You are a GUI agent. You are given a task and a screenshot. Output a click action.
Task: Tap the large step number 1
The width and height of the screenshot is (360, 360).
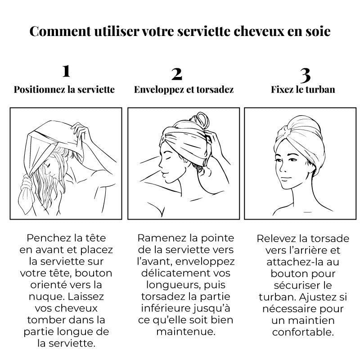click(x=66, y=71)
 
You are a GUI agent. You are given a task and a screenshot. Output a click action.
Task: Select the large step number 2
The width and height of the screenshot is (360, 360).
click(x=177, y=74)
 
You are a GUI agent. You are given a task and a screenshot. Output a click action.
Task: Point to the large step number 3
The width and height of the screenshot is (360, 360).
click(x=306, y=76)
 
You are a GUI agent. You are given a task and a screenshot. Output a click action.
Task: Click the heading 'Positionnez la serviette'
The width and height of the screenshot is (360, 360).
click(x=64, y=90)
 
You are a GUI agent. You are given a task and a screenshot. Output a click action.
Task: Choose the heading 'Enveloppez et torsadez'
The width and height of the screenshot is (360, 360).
click(x=184, y=90)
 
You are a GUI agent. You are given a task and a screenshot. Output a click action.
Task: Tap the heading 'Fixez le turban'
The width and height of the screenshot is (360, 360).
click(x=303, y=90)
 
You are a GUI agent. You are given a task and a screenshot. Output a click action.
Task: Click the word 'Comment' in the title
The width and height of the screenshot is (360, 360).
click(x=60, y=31)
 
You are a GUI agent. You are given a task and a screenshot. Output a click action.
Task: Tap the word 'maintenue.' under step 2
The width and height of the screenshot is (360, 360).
click(x=186, y=332)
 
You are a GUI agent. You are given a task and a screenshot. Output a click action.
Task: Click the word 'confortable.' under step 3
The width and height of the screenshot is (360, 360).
click(x=303, y=332)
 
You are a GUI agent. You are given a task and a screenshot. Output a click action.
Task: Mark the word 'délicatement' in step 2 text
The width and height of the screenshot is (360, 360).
click(x=175, y=273)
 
